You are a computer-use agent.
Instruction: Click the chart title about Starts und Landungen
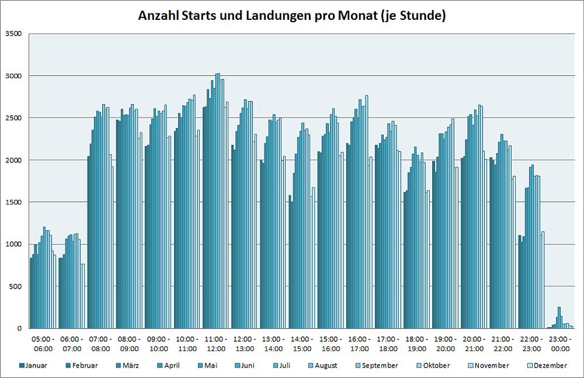(x=291, y=16)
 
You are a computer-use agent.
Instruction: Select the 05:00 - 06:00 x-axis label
(x=43, y=344)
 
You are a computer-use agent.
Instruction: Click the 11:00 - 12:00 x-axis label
(x=215, y=344)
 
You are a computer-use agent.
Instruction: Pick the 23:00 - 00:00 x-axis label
(x=561, y=344)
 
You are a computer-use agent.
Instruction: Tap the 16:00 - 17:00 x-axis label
(x=359, y=344)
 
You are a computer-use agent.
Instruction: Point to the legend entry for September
(x=380, y=366)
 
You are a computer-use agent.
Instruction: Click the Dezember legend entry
(x=549, y=366)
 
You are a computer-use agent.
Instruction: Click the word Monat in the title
(x=357, y=16)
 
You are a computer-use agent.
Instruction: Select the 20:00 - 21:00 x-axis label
(x=474, y=344)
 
